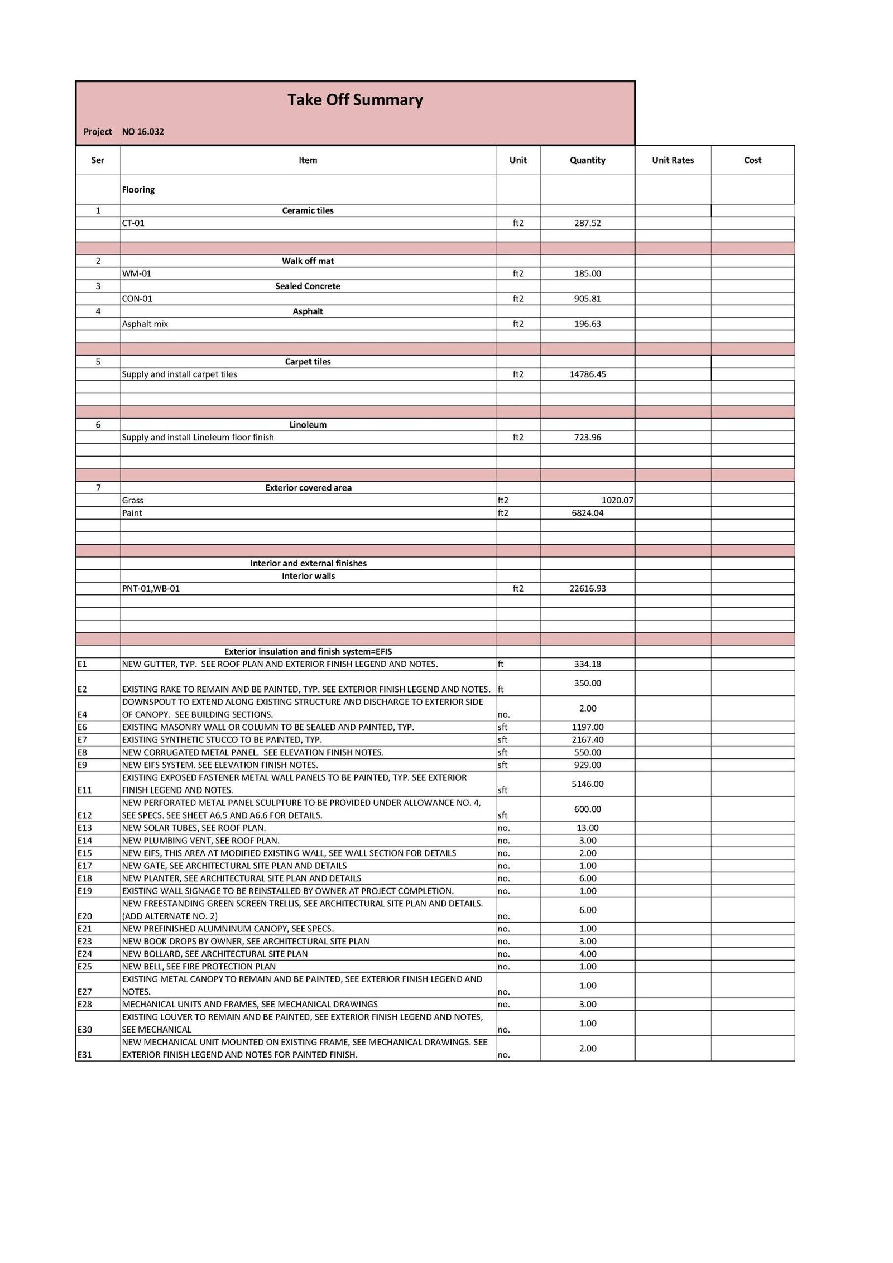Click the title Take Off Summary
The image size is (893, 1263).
(355, 100)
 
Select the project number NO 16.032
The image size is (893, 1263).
(143, 132)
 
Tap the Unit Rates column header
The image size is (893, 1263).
(673, 160)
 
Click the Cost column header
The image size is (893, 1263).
(752, 160)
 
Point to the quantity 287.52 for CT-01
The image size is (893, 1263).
(587, 223)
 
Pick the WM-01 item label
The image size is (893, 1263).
(137, 273)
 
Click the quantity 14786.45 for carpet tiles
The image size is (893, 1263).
(587, 374)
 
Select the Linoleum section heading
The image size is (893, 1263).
(308, 425)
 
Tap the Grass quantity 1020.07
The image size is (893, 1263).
(617, 501)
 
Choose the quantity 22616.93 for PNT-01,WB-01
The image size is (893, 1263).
(587, 589)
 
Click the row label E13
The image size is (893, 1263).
(85, 828)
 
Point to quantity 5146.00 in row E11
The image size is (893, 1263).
(587, 784)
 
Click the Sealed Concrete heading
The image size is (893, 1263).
(308, 286)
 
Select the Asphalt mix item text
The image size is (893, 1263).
(145, 324)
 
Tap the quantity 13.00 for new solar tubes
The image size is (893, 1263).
(587, 828)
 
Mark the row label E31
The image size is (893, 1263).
(85, 1055)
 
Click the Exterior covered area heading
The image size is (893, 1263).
(308, 488)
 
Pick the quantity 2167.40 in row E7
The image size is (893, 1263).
(587, 740)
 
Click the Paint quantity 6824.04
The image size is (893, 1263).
(587, 513)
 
